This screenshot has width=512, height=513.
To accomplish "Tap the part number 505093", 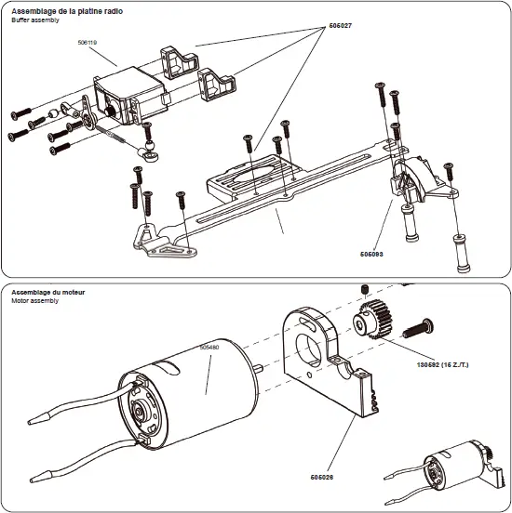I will (371, 252).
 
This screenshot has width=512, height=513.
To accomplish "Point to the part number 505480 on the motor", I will (209, 347).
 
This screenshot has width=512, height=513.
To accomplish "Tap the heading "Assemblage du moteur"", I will (48, 292).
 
